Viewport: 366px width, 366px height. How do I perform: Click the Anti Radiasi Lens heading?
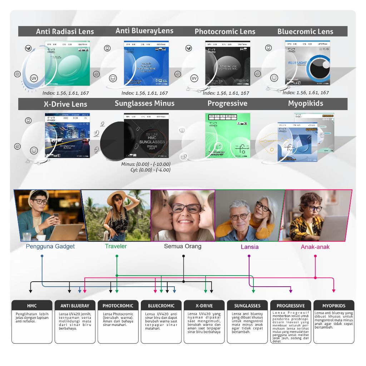point(65,31)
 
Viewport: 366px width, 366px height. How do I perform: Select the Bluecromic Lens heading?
point(305,31)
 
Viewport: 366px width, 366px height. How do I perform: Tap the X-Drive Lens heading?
point(65,104)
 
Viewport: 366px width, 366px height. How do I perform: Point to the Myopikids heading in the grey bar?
point(305,103)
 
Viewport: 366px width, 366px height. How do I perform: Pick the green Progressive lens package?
point(228,135)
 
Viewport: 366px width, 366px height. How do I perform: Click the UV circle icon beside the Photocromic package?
point(194,78)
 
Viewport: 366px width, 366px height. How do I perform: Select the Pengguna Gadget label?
point(50,246)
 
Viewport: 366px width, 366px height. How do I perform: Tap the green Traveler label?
point(116,246)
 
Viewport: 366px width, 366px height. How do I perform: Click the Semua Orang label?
point(183,246)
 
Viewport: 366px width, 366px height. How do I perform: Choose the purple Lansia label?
point(249,247)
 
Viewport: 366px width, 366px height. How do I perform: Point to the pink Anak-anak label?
point(315,247)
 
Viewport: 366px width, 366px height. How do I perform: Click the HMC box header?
point(32,306)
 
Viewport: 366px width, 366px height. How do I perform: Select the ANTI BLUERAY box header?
point(75,306)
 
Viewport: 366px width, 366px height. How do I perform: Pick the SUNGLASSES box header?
point(247,306)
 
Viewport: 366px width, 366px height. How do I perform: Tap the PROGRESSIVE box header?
point(291,306)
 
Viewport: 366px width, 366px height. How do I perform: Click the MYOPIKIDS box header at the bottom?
point(334,306)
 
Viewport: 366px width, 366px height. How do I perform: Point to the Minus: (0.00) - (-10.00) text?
point(145,164)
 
